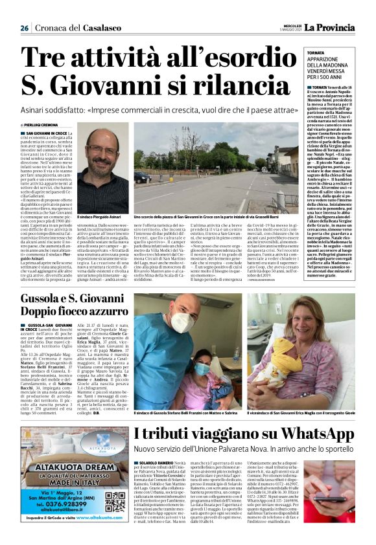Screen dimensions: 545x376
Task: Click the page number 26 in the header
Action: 24,28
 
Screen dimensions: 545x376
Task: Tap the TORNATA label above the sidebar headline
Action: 299,53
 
